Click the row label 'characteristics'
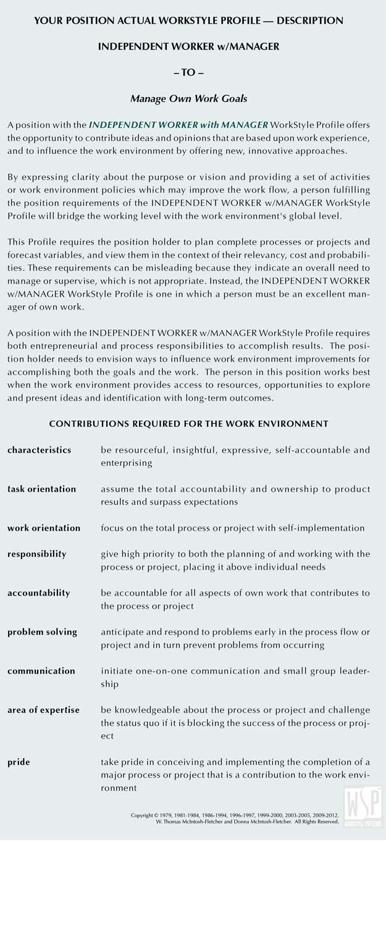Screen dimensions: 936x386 click(39, 450)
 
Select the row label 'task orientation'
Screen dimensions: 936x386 click(41, 489)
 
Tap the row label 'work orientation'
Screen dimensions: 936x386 click(44, 528)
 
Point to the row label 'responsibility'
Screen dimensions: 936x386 click(36, 554)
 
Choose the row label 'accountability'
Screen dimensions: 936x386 click(38, 592)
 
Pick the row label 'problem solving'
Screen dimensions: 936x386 click(42, 631)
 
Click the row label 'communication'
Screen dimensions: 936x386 click(41, 670)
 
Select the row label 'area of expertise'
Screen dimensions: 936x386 click(43, 710)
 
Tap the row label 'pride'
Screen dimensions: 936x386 click(19, 762)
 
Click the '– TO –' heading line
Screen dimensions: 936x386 click(188, 72)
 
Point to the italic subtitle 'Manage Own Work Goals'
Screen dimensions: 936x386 click(188, 98)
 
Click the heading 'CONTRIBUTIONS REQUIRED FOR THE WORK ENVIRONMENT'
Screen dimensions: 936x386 click(188, 424)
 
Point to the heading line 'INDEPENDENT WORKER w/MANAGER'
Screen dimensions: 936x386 click(188, 46)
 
